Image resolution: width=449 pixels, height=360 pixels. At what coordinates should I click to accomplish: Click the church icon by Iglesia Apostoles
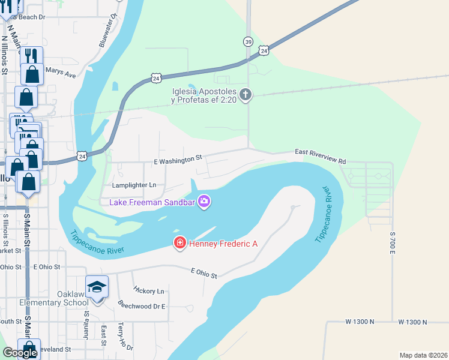tap(246, 95)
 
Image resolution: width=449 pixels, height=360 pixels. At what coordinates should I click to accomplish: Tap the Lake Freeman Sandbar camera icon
tap(204, 201)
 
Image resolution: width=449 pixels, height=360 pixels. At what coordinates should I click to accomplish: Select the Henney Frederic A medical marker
tap(179, 243)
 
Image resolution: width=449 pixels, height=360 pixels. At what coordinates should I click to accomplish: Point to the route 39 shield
tap(249, 41)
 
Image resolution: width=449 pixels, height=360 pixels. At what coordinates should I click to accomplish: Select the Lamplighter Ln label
tap(134, 185)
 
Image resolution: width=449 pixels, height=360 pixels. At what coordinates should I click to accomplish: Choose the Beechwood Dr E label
tap(141, 305)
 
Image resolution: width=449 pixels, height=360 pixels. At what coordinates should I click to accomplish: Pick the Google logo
tap(20, 352)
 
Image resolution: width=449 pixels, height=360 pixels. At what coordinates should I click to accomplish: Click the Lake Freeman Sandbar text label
tap(152, 202)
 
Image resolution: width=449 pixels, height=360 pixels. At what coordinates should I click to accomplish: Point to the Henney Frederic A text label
tap(223, 244)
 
